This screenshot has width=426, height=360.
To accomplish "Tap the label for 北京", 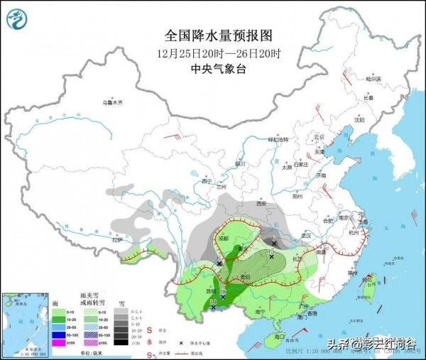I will coord(318,137).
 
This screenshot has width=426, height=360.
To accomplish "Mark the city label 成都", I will coord(224,239).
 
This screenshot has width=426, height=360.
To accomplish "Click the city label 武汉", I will coord(307,235).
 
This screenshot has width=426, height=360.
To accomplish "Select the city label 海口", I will coord(279,336).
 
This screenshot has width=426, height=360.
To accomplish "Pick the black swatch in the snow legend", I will coord(121,342).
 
